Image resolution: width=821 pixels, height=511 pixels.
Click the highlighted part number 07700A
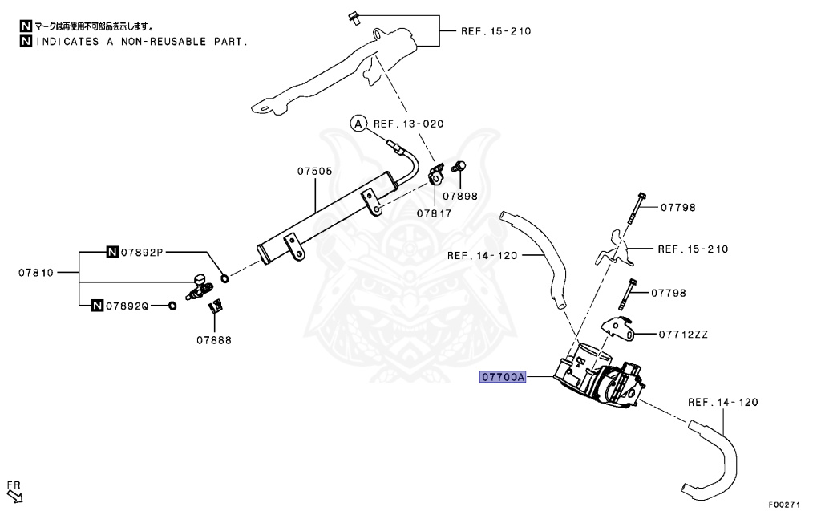[503, 376]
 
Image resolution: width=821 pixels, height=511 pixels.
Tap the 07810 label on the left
[36, 273]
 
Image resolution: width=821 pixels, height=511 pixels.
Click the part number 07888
[214, 340]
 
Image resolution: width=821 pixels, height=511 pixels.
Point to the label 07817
[434, 213]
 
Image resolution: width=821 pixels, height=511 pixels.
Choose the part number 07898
[460, 196]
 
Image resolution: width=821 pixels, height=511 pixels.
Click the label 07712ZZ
[684, 334]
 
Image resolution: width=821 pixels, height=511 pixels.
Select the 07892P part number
[142, 253]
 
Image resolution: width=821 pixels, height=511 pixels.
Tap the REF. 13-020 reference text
[408, 124]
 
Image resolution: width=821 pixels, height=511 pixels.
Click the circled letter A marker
[358, 124]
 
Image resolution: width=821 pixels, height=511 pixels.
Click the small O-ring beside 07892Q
[172, 306]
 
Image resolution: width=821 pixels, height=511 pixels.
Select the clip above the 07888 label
[215, 305]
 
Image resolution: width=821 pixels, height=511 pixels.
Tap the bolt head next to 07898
[460, 166]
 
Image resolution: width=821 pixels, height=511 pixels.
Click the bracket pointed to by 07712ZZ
[615, 328]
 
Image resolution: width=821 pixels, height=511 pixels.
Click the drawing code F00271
[784, 505]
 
